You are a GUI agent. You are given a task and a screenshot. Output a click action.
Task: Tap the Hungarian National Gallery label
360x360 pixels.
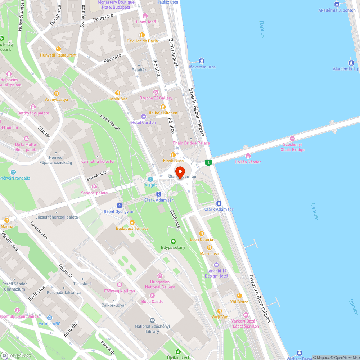pos(160,284)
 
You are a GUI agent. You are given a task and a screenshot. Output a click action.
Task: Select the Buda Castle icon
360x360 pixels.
pos(152,296)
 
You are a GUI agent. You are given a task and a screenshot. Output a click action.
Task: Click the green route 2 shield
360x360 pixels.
pos(208,163)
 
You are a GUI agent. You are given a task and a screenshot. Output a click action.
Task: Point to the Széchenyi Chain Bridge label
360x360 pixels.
pos(292,147)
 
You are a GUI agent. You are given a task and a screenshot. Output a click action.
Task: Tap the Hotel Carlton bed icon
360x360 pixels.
pos(144,117)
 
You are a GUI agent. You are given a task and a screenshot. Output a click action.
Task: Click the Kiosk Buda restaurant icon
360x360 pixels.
pos(173,155)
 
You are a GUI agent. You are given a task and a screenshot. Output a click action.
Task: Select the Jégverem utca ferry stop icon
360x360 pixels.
pos(202,61)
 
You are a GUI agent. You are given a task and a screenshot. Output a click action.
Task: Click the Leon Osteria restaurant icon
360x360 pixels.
pos(202,234)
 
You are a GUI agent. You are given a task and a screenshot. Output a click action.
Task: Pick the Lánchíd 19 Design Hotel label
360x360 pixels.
pos(216,274)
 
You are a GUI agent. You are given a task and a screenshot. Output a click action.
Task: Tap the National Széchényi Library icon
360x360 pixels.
pos(152,320)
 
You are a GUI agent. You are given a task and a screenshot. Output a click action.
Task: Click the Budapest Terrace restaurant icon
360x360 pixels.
pos(132,222)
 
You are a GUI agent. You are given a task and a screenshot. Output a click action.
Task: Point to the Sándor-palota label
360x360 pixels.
pos(94,193)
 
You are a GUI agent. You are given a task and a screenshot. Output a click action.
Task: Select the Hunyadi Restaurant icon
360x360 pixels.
pos(58,49)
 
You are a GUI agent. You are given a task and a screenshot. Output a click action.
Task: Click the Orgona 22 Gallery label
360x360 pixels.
pos(156,98)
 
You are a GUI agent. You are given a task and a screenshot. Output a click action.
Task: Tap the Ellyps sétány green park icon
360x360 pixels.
pos(173,242)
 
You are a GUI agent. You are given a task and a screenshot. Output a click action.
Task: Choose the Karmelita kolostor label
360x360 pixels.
pos(98,161)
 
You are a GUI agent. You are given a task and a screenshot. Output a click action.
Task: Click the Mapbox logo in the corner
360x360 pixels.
pos(16,355)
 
